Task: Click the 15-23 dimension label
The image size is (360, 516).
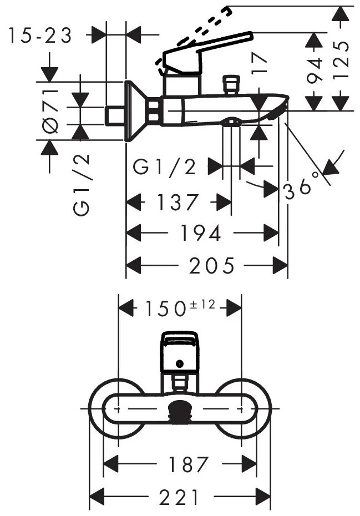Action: (40, 36)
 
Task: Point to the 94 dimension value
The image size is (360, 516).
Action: (315, 69)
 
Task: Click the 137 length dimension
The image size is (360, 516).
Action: (177, 203)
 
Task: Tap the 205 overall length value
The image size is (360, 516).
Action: (211, 267)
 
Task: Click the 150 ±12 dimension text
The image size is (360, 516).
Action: (180, 307)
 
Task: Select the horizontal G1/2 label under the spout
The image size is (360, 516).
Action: (165, 167)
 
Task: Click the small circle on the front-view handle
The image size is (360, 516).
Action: (179, 364)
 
